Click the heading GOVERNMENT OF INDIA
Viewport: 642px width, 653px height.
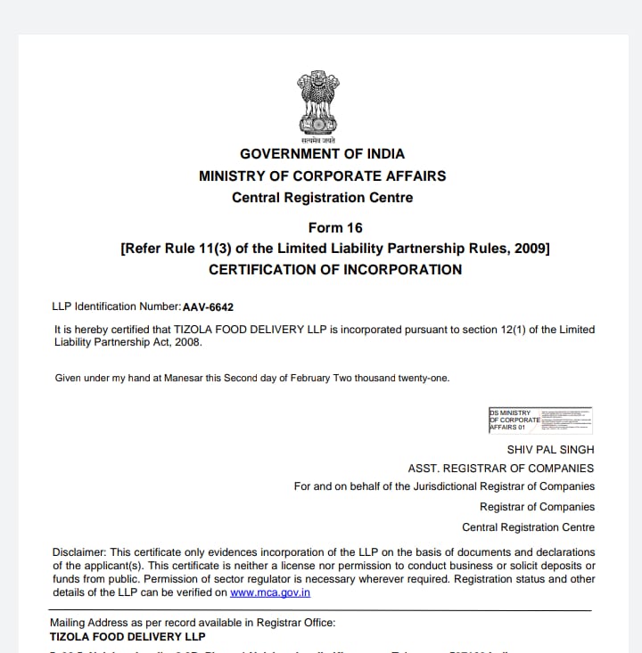click(322, 154)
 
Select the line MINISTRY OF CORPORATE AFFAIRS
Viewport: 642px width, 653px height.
click(322, 175)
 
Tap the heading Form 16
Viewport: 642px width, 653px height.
click(335, 227)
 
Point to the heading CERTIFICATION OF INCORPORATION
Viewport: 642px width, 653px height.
click(335, 269)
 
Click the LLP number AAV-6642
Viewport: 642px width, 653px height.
click(208, 307)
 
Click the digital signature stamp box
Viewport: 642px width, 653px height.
click(540, 420)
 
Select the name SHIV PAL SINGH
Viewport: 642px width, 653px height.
click(550, 450)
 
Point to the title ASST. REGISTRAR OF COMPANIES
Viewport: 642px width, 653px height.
click(500, 469)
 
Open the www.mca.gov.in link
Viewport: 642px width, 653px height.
click(269, 592)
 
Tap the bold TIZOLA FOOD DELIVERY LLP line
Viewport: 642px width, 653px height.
click(128, 637)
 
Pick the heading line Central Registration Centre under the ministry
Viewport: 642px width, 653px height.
click(322, 198)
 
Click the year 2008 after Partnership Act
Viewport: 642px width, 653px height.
click(188, 342)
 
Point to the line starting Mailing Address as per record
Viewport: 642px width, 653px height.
click(193, 623)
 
